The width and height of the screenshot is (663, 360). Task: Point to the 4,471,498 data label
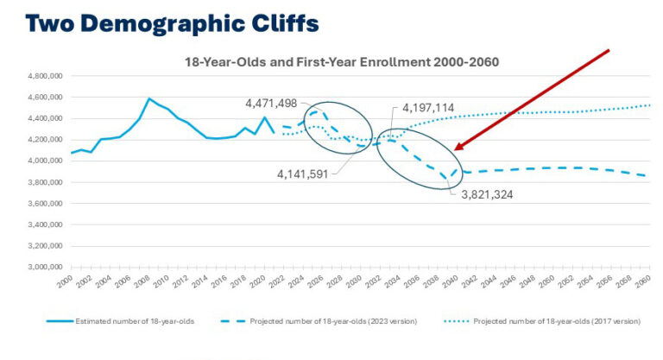(x=271, y=104)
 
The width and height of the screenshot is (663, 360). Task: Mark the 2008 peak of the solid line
(x=149, y=98)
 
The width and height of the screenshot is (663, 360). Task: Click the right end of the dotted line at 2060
(x=649, y=105)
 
